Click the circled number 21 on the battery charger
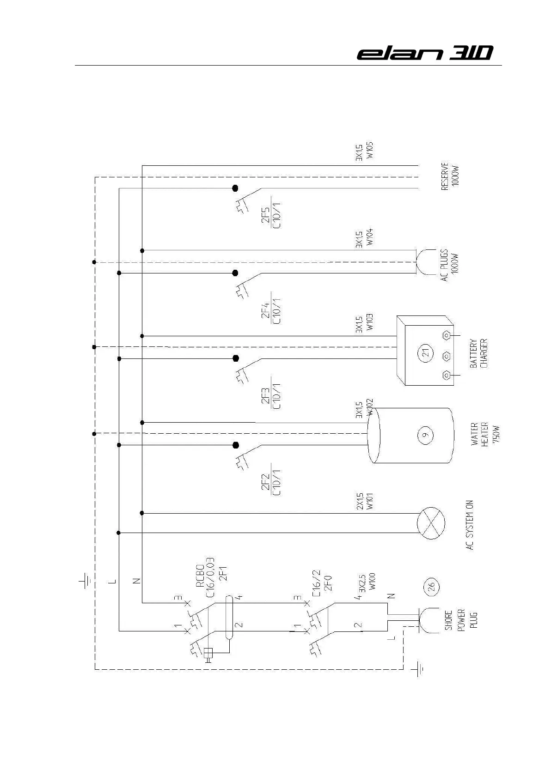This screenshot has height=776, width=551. [426, 353]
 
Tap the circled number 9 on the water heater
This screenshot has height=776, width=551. [425, 434]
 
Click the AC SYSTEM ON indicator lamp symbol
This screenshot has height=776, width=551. [431, 523]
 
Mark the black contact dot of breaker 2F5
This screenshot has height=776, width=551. [235, 188]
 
